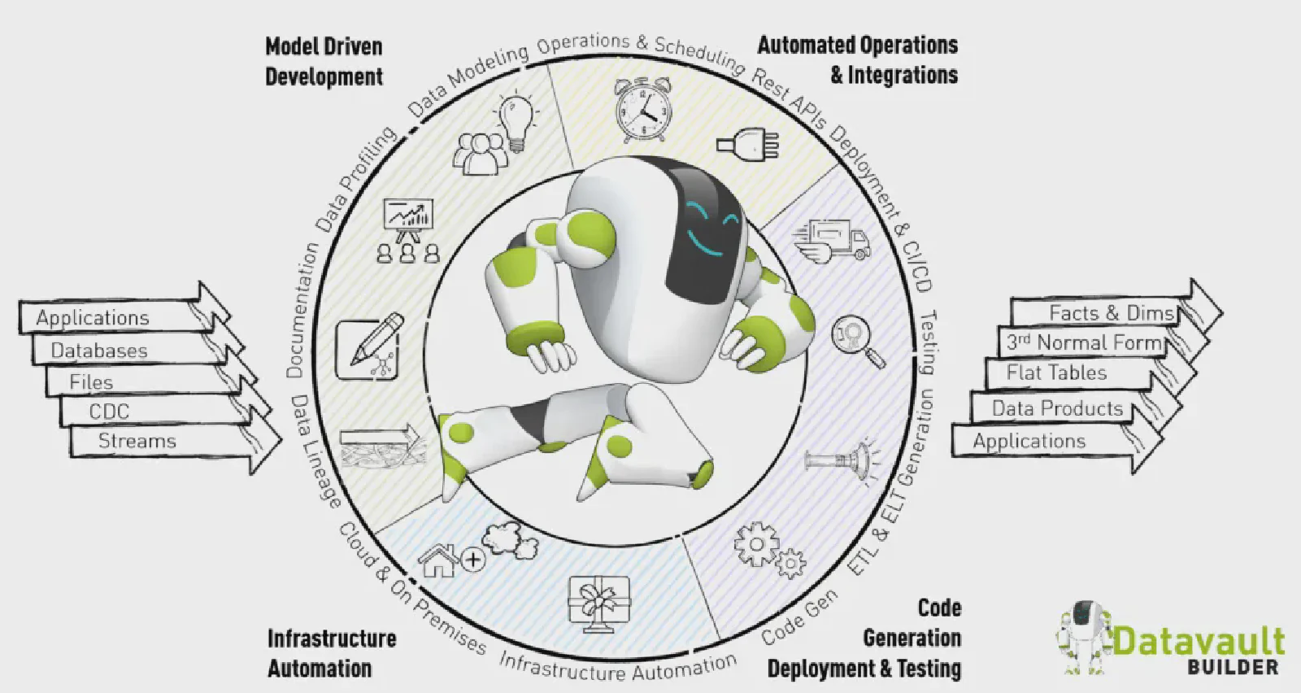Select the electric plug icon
pos(747,145)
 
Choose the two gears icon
pos(768,550)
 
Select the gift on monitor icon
pos(599,603)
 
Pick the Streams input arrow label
pos(137,441)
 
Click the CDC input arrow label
pos(109,412)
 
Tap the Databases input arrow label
pos(99,351)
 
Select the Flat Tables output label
pos(1056,373)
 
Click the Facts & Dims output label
pos(1111,313)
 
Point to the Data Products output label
pos(1057,408)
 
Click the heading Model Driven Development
pos(324,61)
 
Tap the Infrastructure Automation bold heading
pos(331,653)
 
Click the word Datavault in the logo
pos(1199,642)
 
